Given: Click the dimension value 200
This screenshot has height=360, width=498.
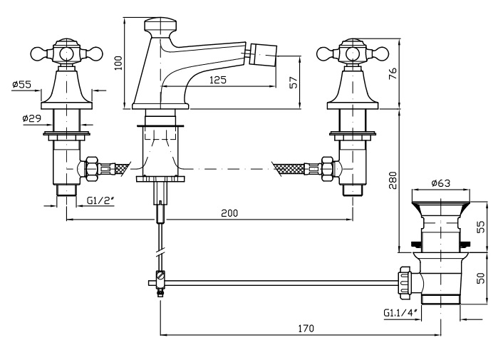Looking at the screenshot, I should point(229,213).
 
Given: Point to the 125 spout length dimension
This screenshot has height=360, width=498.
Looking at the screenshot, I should point(219,80).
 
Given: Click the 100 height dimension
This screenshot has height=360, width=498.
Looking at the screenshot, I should point(120,63).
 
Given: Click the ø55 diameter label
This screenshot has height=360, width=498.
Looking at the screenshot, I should point(22,85).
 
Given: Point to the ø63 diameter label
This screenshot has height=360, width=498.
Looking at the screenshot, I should point(441,183).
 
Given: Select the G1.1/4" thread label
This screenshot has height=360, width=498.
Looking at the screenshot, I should point(399,312).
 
